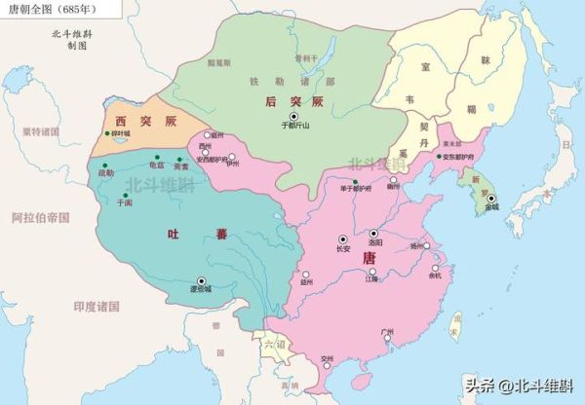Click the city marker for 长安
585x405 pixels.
(342, 239)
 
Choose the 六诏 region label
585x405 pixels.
(271, 346)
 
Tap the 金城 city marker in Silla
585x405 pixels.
(492, 199)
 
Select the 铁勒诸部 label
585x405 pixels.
(301, 81)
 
